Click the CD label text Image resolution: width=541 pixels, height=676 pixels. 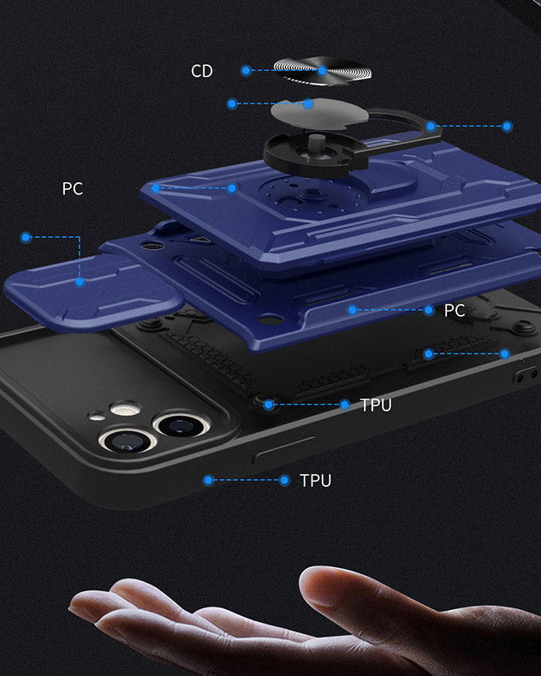tap(202, 71)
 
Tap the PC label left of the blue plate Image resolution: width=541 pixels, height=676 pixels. tap(73, 188)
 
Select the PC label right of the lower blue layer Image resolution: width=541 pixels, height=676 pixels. tap(455, 311)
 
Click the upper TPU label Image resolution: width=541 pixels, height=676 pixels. tap(376, 406)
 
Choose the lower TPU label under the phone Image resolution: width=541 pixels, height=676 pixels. tap(316, 481)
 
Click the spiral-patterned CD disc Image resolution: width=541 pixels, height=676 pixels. tap(323, 71)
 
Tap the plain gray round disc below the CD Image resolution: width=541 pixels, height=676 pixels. tap(319, 114)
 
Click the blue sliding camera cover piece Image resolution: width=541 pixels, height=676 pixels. tap(93, 292)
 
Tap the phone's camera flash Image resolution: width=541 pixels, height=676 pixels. tap(125, 409)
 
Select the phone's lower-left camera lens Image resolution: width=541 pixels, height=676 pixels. tap(127, 440)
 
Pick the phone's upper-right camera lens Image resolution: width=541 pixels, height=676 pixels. tap(181, 425)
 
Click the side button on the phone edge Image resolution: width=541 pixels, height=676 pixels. tap(285, 450)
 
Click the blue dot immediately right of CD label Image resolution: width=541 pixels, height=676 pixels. tap(246, 71)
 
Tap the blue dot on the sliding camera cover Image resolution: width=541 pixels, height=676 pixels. tap(80, 282)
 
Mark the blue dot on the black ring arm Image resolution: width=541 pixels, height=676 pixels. tap(431, 127)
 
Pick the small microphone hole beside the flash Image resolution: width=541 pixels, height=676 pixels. tap(97, 417)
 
